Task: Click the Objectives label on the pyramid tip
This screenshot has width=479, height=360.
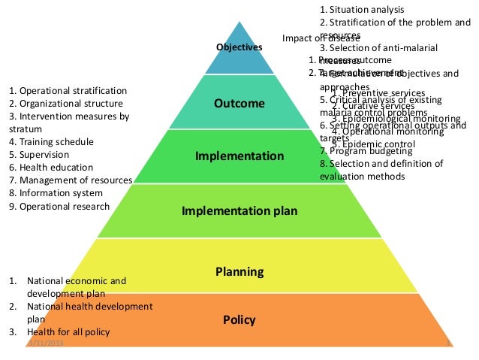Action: pyautogui.click(x=239, y=47)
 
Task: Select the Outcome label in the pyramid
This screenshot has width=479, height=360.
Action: pyautogui.click(x=239, y=104)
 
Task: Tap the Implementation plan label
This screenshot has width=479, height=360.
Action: pyautogui.click(x=239, y=211)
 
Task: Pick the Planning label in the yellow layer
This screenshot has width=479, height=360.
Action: pyautogui.click(x=239, y=271)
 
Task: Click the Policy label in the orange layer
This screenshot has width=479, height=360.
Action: pyautogui.click(x=239, y=320)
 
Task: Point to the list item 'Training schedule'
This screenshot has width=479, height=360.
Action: pyautogui.click(x=51, y=141)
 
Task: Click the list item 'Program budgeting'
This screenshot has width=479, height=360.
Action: pyautogui.click(x=363, y=151)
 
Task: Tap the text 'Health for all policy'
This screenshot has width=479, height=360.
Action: pyautogui.click(x=68, y=332)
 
